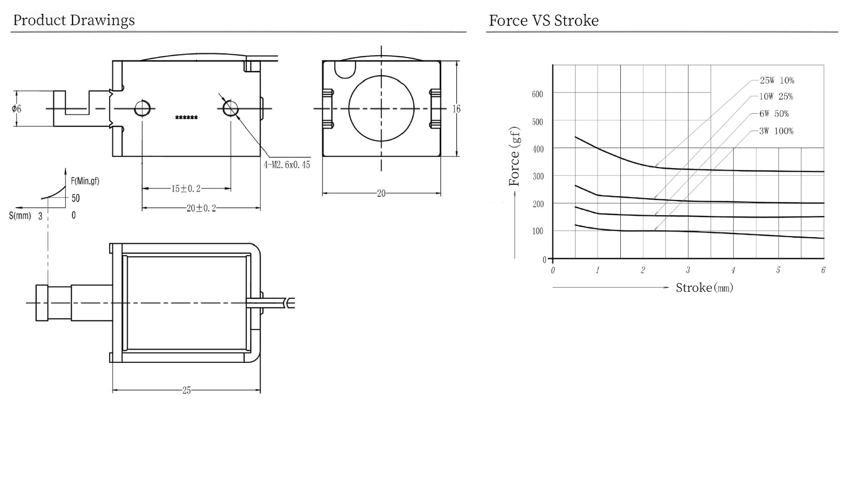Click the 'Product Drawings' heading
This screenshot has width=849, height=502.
[74, 20]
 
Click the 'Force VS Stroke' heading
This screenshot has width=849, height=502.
[544, 20]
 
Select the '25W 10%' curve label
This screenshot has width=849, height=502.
[777, 80]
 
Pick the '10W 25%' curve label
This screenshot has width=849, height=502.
[776, 97]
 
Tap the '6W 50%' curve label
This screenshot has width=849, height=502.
[774, 114]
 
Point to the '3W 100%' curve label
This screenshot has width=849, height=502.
[776, 131]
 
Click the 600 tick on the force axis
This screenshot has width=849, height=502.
[537, 94]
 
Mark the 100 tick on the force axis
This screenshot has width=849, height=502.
[537, 231]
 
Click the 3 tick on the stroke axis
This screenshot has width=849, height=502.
[688, 270]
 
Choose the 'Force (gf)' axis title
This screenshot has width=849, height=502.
[514, 156]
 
